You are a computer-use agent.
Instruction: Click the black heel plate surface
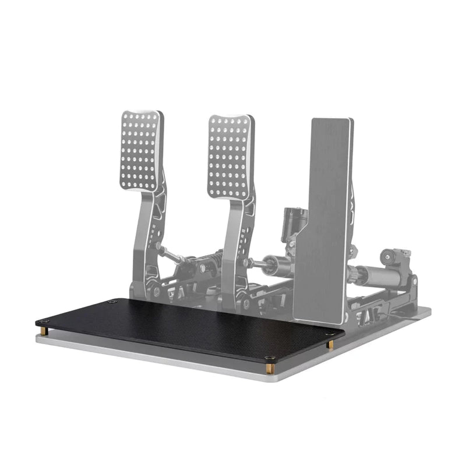coord(186,326)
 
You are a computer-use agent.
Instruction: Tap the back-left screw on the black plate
coord(112,302)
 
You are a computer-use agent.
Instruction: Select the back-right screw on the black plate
coord(330,334)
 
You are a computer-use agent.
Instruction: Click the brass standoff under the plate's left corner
coord(44,331)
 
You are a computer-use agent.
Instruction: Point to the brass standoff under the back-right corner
coord(330,344)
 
